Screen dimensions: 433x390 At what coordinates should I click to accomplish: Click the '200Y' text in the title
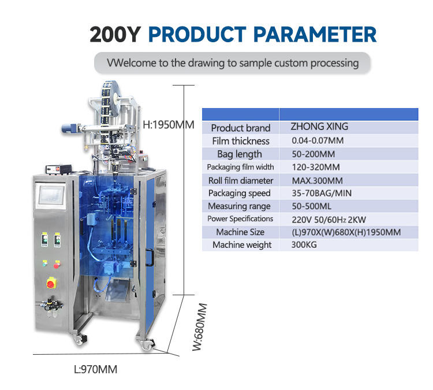coord(115,35)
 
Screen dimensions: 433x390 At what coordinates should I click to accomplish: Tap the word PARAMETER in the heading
coord(315,35)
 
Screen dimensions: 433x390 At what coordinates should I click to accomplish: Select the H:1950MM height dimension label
coord(169,125)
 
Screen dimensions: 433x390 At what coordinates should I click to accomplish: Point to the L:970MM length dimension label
coord(95,369)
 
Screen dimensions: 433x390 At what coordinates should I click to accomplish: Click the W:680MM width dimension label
coord(199,327)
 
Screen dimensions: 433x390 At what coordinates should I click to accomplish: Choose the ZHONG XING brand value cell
coord(319,127)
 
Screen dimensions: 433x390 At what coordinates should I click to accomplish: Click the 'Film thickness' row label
coord(241,141)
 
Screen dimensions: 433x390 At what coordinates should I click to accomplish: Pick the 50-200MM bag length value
coord(313,154)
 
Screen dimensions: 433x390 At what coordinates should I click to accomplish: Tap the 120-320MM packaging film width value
coord(316,167)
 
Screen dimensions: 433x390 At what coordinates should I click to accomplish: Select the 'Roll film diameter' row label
coord(241,181)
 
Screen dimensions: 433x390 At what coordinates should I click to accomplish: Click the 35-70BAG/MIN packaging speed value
coord(322,193)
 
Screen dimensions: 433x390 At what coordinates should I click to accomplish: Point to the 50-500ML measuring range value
coord(312,206)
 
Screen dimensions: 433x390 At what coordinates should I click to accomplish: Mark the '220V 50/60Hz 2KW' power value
coord(329,220)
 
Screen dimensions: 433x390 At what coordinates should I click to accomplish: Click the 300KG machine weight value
coord(304,244)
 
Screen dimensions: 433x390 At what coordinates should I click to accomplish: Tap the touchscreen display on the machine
coord(51,195)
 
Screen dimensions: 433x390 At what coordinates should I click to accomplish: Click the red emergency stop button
coord(51,283)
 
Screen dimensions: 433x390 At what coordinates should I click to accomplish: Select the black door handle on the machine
coord(150,257)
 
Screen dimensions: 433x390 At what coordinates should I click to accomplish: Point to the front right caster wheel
coord(146,344)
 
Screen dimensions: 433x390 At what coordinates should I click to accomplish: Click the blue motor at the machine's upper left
coord(69,129)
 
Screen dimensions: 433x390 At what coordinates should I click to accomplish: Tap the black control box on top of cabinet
coord(58,169)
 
